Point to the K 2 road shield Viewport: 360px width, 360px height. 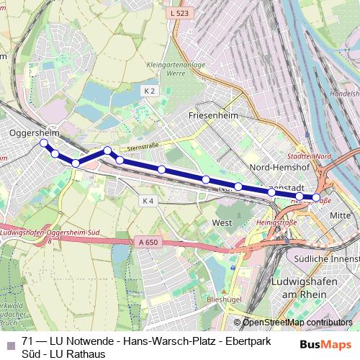(149, 91)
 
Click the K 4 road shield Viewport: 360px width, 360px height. (148, 200)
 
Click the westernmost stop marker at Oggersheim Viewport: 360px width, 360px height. (44, 143)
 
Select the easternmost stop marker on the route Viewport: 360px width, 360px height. (315, 197)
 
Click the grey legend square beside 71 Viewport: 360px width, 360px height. (9, 341)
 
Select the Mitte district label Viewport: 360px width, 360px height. (339, 215)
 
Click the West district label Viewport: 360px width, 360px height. (222, 223)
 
